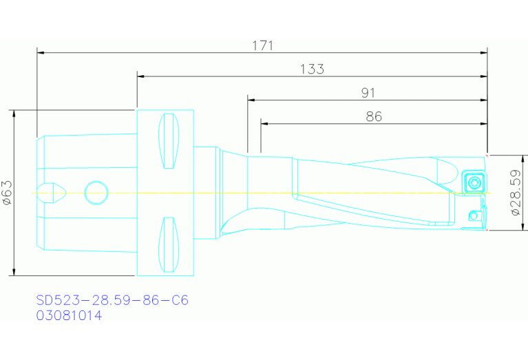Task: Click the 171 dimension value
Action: pos(262,45)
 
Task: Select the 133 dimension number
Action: pos(312,69)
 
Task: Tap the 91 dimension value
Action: pos(368,92)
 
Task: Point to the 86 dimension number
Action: pos(374,116)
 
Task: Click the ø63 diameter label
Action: pos(8,193)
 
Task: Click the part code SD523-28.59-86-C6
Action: pos(112,301)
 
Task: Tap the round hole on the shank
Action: pos(96,193)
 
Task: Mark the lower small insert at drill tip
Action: pos(474,216)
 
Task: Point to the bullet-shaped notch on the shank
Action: pos(52,193)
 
